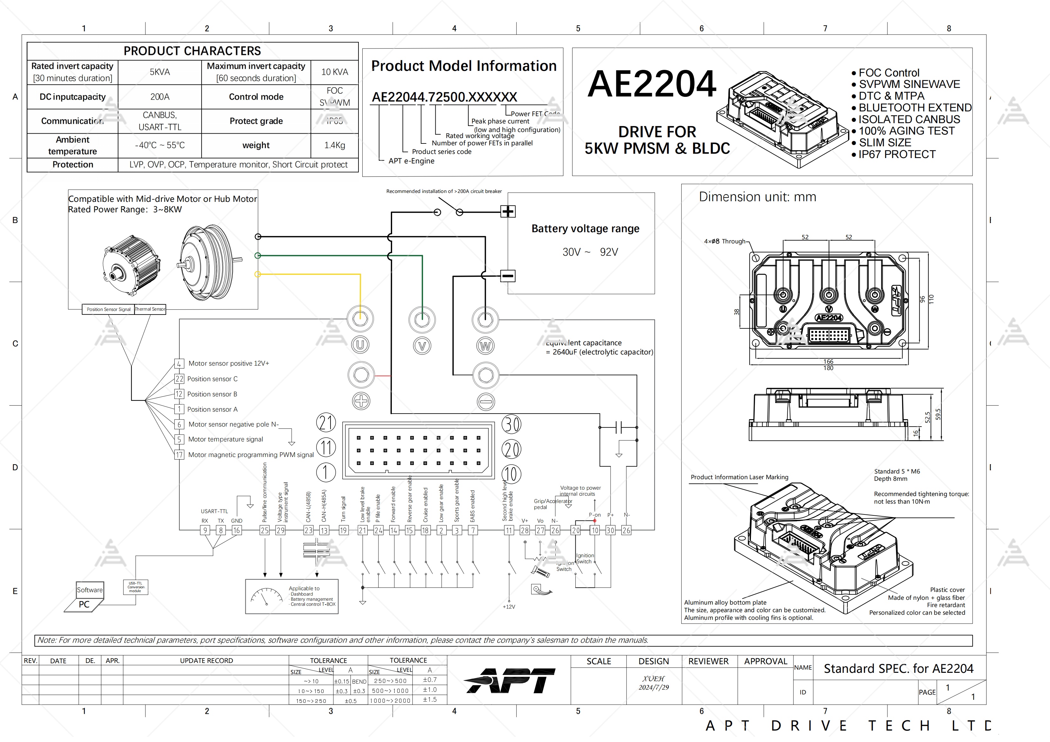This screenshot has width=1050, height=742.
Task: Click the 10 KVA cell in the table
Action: pos(334,72)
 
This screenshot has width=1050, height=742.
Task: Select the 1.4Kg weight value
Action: pos(334,145)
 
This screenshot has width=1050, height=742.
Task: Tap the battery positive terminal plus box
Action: pos(508,211)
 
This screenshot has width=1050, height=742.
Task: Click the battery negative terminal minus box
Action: pos(508,276)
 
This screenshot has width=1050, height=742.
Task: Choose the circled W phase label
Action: pos(485,346)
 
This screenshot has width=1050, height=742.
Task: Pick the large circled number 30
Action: pos(511,424)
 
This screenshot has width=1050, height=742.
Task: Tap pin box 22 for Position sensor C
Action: pos(179,379)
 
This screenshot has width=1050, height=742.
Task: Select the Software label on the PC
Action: pos(90,590)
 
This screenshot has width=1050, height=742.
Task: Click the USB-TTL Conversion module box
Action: pos(135,587)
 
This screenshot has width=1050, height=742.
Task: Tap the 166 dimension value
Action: pos(828,361)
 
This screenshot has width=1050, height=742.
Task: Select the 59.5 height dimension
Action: pos(938,414)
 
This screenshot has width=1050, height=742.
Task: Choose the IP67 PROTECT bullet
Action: pos(896,155)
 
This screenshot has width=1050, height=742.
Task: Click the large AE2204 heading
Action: pos(652,84)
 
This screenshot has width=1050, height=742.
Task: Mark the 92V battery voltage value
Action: pos(609,252)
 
